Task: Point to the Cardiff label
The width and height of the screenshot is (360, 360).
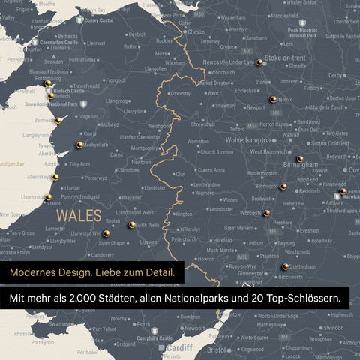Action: (179, 348)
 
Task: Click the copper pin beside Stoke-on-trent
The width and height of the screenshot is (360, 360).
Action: (258, 62)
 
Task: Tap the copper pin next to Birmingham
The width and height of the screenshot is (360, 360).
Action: (299, 158)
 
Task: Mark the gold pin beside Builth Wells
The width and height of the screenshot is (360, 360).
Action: (132, 224)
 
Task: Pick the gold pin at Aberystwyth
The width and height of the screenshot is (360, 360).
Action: (55, 178)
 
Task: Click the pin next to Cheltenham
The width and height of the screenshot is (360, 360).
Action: (285, 266)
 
